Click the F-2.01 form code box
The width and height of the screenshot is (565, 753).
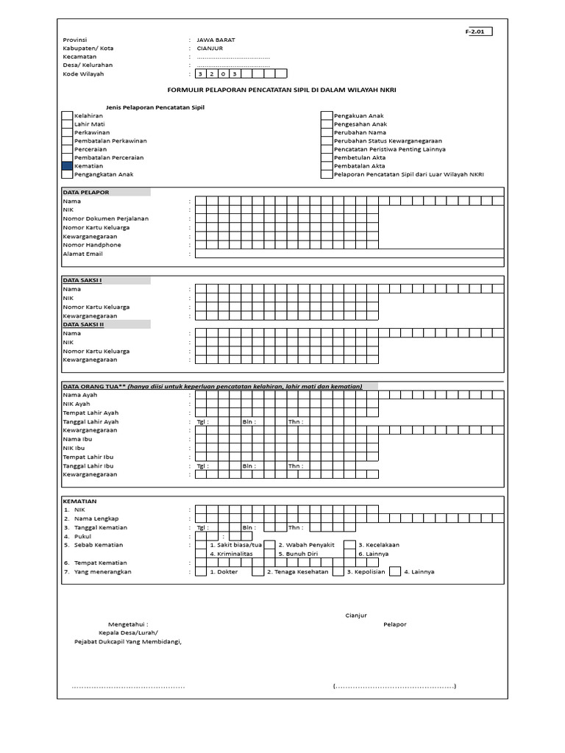coord(478,32)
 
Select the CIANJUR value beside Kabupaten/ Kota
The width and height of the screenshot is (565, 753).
coord(210,49)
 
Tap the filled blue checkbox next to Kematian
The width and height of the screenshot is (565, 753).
coord(67,166)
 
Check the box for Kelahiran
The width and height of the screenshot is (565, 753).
coord(67,116)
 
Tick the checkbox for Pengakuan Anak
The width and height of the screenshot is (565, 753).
coord(327,116)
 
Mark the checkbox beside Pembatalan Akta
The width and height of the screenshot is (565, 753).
coord(327,166)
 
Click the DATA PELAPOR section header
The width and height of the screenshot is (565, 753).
coord(86,193)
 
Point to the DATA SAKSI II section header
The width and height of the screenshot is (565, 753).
coord(83,324)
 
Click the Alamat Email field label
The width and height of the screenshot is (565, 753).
coord(82,254)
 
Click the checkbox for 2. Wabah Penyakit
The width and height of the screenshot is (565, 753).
coord(270,545)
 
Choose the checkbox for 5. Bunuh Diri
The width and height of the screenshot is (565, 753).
coord(270,554)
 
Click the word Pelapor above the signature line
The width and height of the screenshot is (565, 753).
coord(394,624)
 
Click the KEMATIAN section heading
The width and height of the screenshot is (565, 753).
coord(79,501)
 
